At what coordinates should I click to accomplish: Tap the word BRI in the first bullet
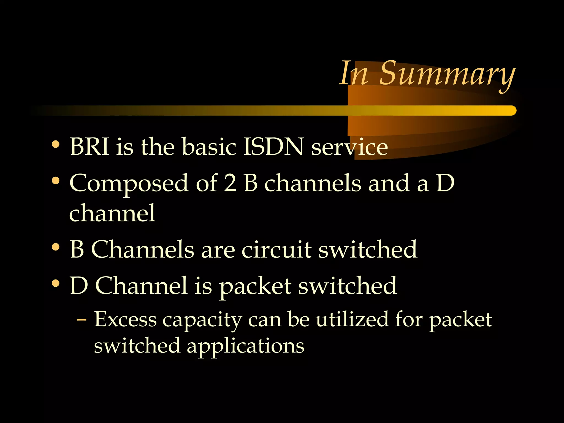pyautogui.click(x=90, y=147)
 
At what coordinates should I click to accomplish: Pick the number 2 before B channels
pyautogui.click(x=230, y=183)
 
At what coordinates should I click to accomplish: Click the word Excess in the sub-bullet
pyautogui.click(x=125, y=319)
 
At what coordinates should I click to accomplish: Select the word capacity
pyautogui.click(x=202, y=321)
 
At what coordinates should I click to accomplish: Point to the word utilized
pyautogui.click(x=352, y=319)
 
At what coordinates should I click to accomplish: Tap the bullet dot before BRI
pyautogui.click(x=56, y=144)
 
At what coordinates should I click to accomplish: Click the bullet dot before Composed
pyautogui.click(x=56, y=181)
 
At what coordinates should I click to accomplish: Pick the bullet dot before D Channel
pyautogui.click(x=56, y=283)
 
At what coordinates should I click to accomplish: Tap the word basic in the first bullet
pyautogui.click(x=209, y=147)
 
